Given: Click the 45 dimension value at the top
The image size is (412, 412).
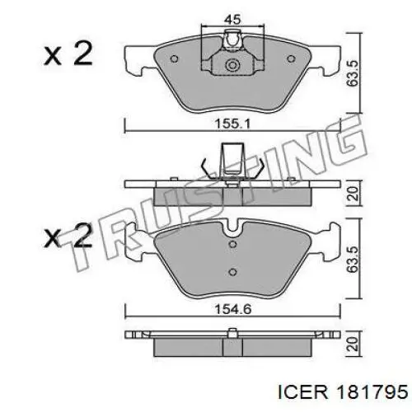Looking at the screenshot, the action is (232, 19).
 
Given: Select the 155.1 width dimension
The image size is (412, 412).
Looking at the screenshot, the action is (232, 124).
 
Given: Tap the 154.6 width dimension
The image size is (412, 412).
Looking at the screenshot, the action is (232, 310).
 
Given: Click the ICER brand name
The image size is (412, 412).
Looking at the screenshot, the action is (303, 392).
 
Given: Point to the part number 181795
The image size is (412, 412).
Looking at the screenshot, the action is (373, 392).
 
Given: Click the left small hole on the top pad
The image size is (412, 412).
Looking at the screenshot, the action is (174, 59).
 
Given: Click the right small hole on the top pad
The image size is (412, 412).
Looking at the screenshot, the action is (291, 59).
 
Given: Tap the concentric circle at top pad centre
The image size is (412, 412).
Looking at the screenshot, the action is (232, 65).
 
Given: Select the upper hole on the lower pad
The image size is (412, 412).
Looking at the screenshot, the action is (232, 244).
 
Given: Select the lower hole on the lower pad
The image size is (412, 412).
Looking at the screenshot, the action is (232, 272).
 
